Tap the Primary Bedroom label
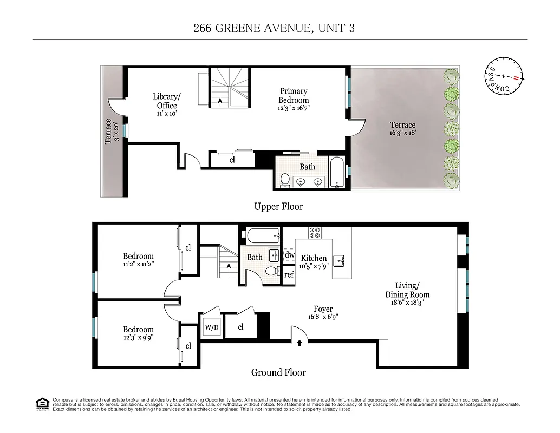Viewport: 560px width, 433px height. (x=294, y=95)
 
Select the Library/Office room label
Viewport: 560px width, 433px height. (x=166, y=101)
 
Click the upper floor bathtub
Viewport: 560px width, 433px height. (x=337, y=173)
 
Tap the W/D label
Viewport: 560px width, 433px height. (x=210, y=327)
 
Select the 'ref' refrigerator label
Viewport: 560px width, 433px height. (x=289, y=274)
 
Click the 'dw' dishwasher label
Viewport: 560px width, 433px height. (x=289, y=255)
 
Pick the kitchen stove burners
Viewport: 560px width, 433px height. (x=315, y=233)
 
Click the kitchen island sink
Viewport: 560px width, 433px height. (x=340, y=260)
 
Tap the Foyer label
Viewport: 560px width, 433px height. (x=323, y=309)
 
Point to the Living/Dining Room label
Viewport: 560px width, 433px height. (x=407, y=290)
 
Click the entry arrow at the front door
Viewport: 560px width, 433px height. (x=299, y=342)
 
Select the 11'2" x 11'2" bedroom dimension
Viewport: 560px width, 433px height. (x=138, y=265)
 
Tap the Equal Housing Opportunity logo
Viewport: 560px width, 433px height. (x=41, y=403)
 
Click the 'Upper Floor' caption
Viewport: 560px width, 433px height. (x=278, y=206)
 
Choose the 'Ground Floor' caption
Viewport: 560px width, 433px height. (x=278, y=372)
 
